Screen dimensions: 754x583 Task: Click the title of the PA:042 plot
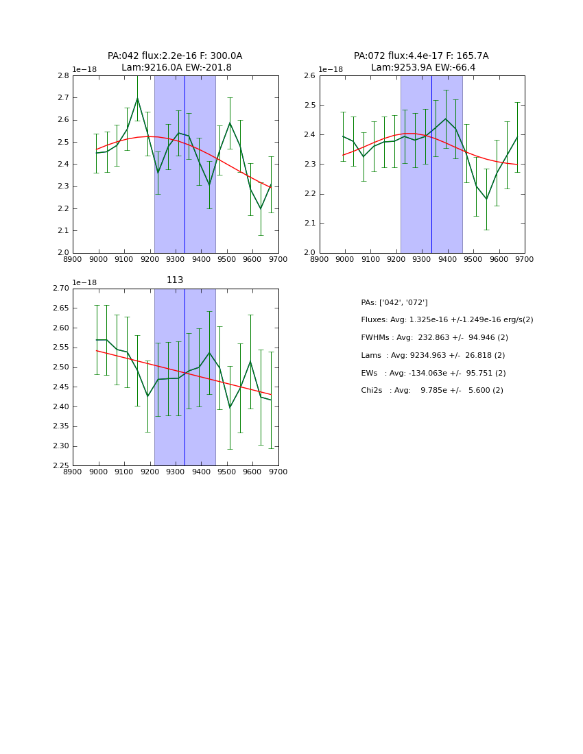point(175,62)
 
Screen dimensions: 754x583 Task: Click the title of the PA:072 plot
point(422,62)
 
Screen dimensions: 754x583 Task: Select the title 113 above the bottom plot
point(175,280)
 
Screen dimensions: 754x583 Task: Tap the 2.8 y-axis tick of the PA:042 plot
point(62,76)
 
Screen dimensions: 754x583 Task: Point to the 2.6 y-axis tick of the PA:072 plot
point(309,76)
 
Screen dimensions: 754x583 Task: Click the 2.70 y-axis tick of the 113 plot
point(61,289)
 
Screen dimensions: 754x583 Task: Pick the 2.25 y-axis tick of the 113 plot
point(61,466)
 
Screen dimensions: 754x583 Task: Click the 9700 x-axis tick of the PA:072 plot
point(525,258)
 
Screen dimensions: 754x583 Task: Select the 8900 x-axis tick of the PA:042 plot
point(73,258)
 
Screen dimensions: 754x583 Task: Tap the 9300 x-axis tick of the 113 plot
point(176,472)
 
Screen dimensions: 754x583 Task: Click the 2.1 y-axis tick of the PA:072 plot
point(309,223)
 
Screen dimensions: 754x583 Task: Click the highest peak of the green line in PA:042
point(137,98)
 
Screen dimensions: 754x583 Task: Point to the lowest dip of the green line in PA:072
point(486,199)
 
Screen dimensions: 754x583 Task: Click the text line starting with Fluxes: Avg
point(447,320)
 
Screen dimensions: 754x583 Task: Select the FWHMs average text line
point(434,338)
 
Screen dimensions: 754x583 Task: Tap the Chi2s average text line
point(432,391)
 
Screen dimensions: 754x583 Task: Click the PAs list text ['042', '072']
point(394,302)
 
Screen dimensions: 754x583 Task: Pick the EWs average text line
point(433,373)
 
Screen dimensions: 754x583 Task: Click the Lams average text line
point(433,356)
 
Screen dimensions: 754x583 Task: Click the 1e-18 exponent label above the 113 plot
point(84,282)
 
